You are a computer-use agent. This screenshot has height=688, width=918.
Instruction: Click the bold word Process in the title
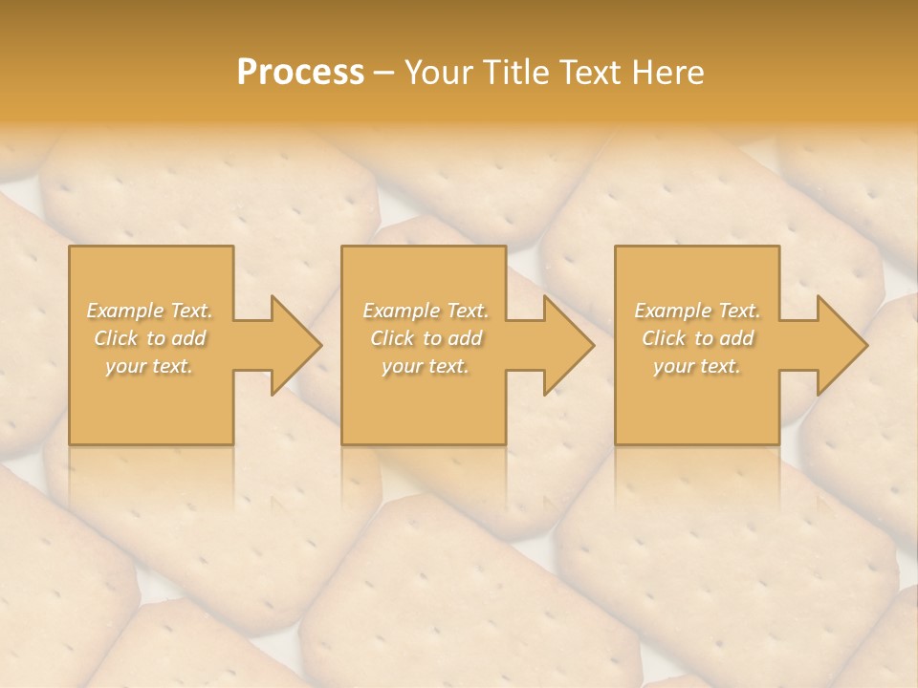coord(300,73)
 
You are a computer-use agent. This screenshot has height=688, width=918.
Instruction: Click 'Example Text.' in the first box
coord(150,311)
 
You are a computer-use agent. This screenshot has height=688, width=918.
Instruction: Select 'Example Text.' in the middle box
coord(426,311)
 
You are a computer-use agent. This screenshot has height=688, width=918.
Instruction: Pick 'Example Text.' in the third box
coord(697,311)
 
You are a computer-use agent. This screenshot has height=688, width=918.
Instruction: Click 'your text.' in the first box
coord(149,366)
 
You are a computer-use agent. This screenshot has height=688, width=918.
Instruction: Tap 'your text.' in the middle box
coord(425,366)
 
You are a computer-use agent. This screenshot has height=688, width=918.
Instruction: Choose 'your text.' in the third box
coord(696,366)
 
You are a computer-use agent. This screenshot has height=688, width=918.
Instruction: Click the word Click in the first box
coord(116,338)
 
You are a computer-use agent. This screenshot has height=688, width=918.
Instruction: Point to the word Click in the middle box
coord(392,338)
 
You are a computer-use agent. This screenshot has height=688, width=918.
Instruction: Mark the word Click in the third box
coord(664,338)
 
